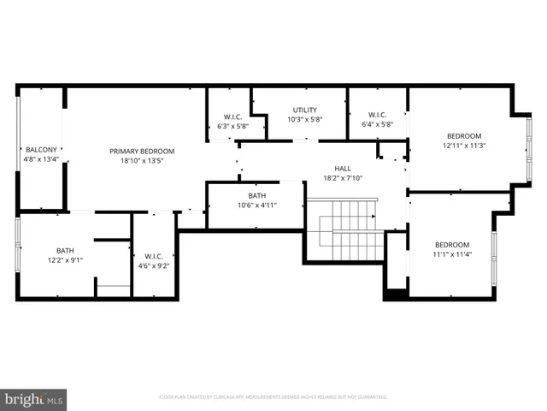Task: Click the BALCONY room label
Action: pyautogui.click(x=41, y=149)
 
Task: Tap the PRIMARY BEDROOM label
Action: pyautogui.click(x=142, y=151)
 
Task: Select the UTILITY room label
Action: pyautogui.click(x=305, y=110)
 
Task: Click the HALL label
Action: pyautogui.click(x=343, y=169)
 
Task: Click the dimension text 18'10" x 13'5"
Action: pyautogui.click(x=142, y=160)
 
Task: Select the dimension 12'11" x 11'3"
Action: pyautogui.click(x=464, y=146)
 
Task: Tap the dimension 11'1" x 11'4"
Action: pyautogui.click(x=451, y=253)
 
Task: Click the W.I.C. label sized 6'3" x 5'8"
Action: pyautogui.click(x=232, y=116)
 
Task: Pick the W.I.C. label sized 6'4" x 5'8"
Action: pyautogui.click(x=377, y=116)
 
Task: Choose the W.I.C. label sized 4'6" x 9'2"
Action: pyautogui.click(x=154, y=256)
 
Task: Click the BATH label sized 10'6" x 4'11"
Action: pyautogui.click(x=256, y=195)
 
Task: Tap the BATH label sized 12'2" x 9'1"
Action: pyautogui.click(x=65, y=250)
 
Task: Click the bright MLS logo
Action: pyautogui.click(x=34, y=398)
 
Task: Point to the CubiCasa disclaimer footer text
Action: pyautogui.click(x=273, y=397)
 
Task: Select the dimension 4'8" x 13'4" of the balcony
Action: pyautogui.click(x=41, y=158)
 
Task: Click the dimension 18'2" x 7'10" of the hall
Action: pyautogui.click(x=343, y=178)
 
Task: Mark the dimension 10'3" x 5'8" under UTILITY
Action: pyautogui.click(x=305, y=119)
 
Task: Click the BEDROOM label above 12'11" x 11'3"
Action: pyautogui.click(x=464, y=135)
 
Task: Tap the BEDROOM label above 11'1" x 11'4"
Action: pyautogui.click(x=451, y=244)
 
